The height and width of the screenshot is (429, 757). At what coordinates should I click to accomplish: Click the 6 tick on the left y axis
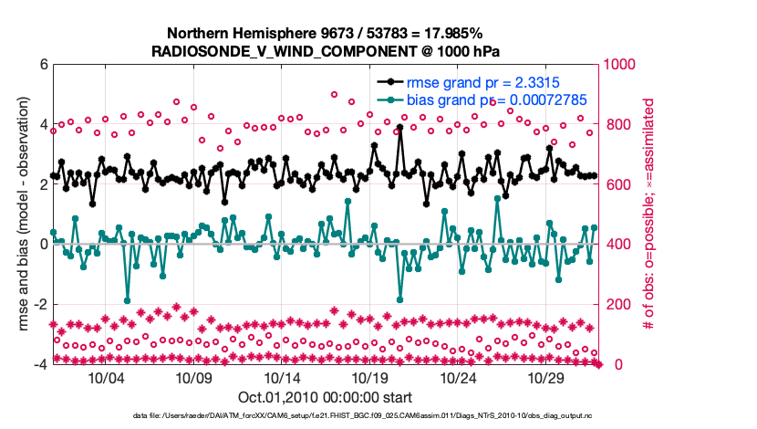[43, 65]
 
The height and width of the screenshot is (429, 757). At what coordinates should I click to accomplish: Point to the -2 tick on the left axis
[40, 304]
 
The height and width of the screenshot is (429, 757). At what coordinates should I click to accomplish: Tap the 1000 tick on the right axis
[621, 65]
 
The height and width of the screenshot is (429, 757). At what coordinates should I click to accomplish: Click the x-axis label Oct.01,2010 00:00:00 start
[326, 397]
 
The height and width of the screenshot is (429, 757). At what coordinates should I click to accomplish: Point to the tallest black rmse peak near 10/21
[399, 129]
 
